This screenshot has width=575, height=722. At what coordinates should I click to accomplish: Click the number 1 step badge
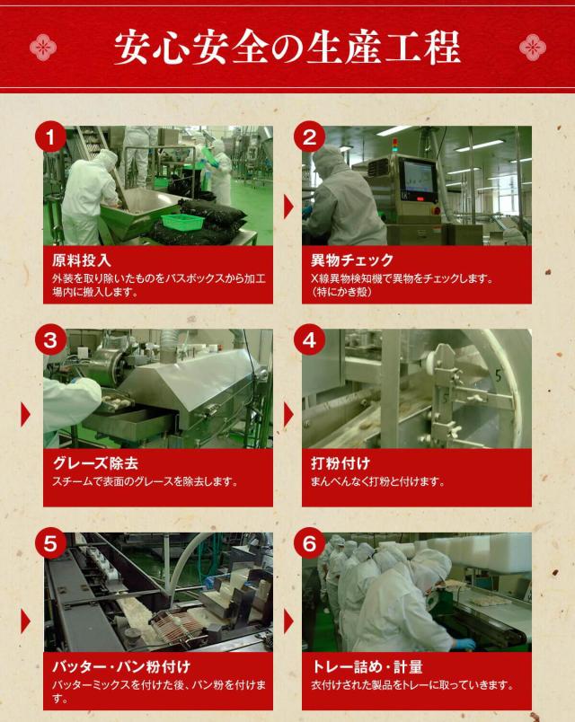(51, 137)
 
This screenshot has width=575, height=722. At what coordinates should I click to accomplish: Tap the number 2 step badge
(309, 137)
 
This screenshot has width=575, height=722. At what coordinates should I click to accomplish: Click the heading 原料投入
(83, 261)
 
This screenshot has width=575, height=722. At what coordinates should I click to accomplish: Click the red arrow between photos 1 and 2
(288, 207)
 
